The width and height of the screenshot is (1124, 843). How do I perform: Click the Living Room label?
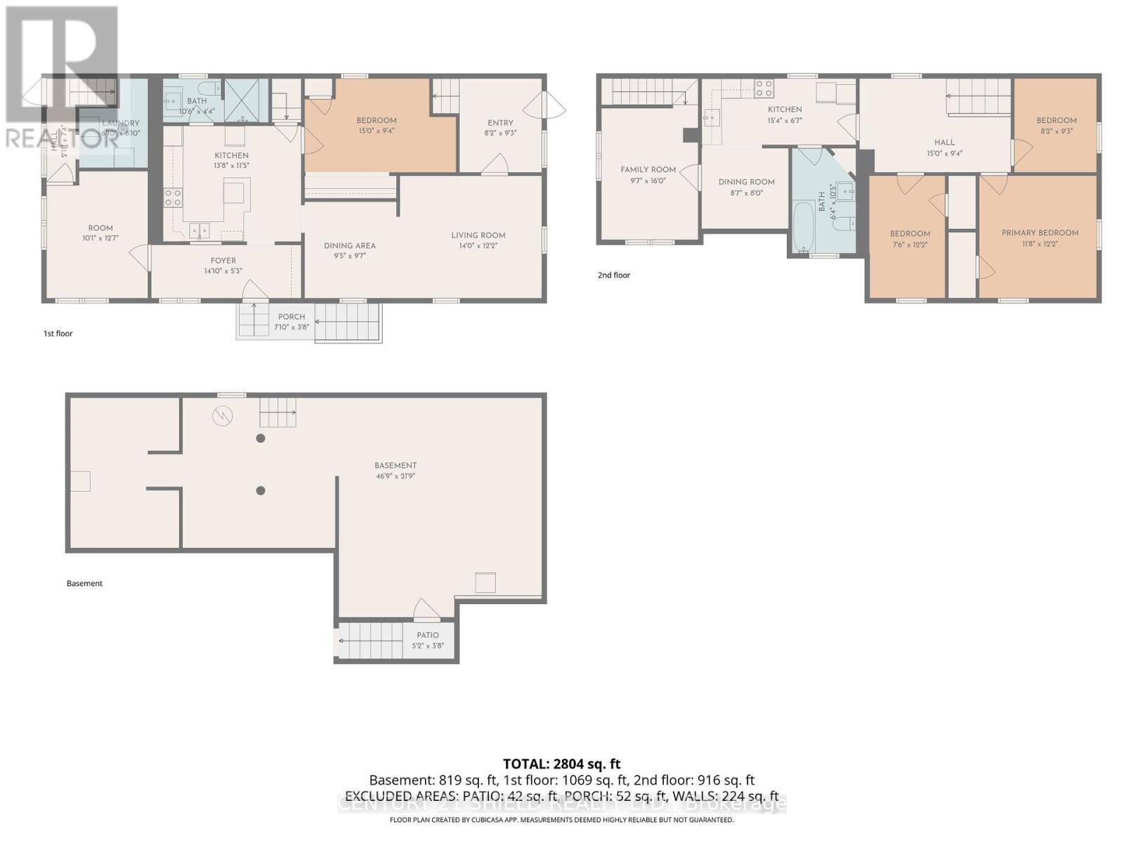478,235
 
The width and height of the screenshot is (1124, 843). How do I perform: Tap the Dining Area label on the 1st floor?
349,246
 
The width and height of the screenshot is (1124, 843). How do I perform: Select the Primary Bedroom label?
1040,233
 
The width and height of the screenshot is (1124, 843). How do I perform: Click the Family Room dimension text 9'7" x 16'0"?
648,181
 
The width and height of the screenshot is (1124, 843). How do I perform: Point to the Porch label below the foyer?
291,317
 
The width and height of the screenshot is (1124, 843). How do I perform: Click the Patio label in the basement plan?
427,635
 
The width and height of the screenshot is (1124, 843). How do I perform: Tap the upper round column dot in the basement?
261,438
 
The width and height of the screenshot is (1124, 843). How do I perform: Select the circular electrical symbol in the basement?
223,417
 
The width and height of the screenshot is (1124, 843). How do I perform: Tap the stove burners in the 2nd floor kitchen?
764,89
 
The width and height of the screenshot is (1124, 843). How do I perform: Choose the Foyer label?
223,261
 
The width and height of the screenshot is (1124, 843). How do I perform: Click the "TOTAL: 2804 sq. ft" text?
561,764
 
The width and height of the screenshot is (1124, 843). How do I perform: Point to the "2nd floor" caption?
613,275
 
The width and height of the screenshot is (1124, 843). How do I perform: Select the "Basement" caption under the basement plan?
84,584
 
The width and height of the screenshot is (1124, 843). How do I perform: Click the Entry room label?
500,123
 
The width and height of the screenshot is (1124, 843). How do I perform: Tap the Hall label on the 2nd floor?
944,143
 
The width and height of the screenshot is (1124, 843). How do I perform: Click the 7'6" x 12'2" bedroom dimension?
910,244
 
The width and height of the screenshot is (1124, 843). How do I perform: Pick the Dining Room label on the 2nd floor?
746,182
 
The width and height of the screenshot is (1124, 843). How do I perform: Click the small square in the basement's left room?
81,481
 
